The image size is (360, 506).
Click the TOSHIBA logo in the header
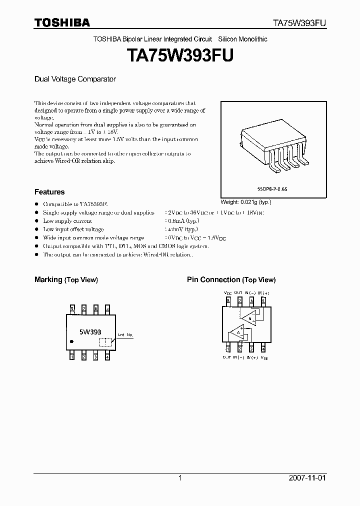click(62, 22)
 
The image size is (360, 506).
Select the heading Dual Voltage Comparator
click(75, 79)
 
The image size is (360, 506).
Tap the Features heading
click(49, 191)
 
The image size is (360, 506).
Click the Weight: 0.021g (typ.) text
click(246, 201)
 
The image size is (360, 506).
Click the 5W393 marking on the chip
click(90, 331)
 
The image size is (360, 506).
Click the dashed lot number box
click(105, 342)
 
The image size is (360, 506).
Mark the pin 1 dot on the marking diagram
click(72, 341)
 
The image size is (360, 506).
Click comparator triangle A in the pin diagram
click(237, 333)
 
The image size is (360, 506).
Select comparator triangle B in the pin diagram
click(247, 317)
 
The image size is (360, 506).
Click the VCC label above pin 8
click(227, 292)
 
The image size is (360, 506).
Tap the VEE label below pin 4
click(264, 358)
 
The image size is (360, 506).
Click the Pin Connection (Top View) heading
click(231, 280)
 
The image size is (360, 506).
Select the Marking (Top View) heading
click(66, 280)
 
